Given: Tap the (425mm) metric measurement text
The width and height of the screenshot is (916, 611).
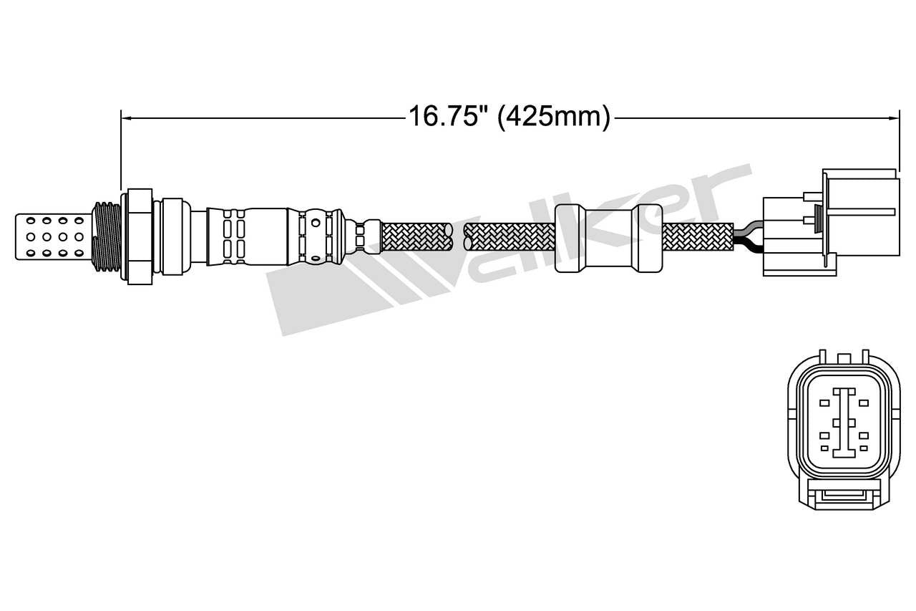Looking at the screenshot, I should coord(553,116).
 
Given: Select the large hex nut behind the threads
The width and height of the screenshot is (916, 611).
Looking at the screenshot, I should coord(139,236).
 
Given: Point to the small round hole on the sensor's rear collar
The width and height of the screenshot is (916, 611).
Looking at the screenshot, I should coord(316,259).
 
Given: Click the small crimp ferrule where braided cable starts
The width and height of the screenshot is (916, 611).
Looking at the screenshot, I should coord(365,236).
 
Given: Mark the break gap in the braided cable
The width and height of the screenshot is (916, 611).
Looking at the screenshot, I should coord(458,236).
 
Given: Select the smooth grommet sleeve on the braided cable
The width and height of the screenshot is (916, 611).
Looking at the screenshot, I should coord(608,237).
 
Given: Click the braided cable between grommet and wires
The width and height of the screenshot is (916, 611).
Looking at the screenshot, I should coord(698,236).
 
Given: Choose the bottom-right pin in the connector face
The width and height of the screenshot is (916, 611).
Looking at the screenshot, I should coord(864,448).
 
